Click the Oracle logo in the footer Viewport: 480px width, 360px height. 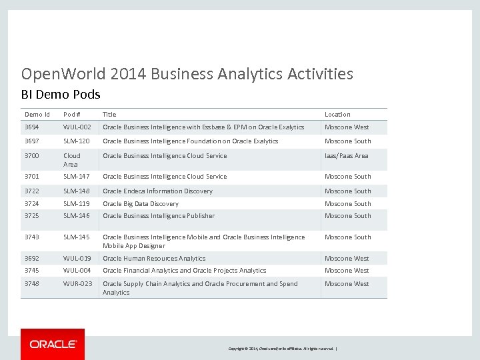click(x=53, y=344)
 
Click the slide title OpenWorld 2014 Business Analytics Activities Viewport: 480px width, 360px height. click(x=187, y=74)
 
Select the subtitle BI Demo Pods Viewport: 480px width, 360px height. click(x=61, y=94)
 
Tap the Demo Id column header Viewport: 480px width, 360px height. click(x=37, y=115)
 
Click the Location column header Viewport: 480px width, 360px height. click(x=337, y=115)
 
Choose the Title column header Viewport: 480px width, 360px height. click(x=109, y=115)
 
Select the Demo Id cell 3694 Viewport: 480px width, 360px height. click(x=32, y=127)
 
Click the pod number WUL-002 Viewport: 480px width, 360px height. click(x=77, y=127)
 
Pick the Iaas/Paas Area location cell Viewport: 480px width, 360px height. click(x=347, y=156)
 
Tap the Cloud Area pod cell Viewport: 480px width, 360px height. click(x=72, y=160)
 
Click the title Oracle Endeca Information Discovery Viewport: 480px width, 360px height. click(x=157, y=191)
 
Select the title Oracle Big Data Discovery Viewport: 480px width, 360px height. click(x=141, y=204)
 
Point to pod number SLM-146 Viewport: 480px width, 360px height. click(x=77, y=216)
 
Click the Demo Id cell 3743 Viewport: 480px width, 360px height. click(x=32, y=237)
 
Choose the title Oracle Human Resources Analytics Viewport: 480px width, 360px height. click(x=154, y=259)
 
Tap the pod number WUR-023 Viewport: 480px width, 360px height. click(x=77, y=284)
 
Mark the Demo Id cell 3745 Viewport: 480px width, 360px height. click(x=32, y=271)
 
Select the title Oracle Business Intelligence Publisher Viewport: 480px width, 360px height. click(x=159, y=216)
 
